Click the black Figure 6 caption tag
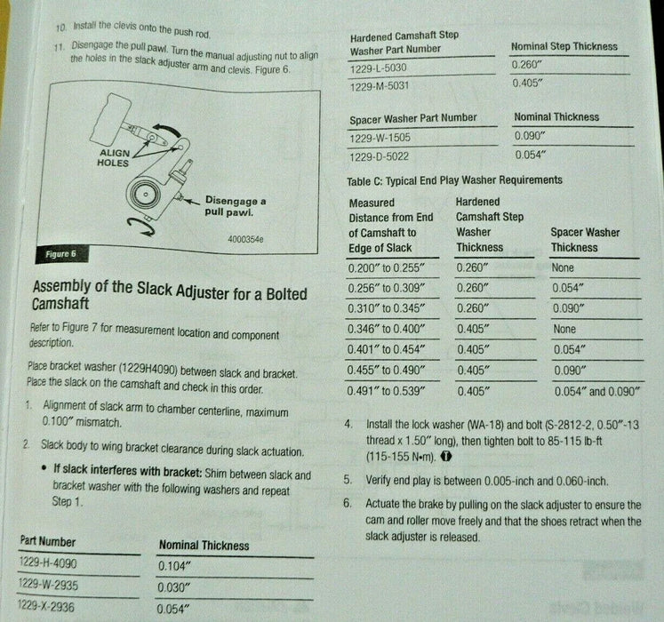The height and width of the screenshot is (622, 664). (x=62, y=254)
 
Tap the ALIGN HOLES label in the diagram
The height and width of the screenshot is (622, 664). (x=114, y=158)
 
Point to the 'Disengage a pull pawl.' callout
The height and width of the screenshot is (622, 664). (x=236, y=206)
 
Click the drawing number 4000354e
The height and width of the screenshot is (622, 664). (x=245, y=239)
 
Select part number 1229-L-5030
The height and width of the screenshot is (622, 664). (x=378, y=68)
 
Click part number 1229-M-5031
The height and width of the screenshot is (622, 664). (x=380, y=86)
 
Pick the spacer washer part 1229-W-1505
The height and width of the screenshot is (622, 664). (x=380, y=138)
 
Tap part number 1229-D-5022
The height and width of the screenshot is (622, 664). (x=379, y=157)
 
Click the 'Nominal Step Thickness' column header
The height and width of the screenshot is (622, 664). (x=564, y=46)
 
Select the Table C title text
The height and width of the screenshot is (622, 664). (x=454, y=180)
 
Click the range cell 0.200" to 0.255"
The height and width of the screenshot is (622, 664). (x=386, y=268)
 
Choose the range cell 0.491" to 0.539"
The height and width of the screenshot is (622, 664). (x=386, y=391)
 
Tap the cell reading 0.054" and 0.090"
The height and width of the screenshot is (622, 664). (x=596, y=391)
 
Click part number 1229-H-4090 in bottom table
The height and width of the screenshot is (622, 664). (x=48, y=563)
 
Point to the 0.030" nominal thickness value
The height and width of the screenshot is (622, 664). (x=172, y=587)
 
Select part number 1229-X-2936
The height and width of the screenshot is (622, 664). (x=45, y=606)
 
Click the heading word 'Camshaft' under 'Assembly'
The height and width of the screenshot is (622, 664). (x=60, y=304)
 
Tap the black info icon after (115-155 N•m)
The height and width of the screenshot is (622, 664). (x=446, y=457)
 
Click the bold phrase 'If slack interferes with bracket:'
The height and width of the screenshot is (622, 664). (x=128, y=470)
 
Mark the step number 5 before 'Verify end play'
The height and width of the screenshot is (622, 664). (x=348, y=480)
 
